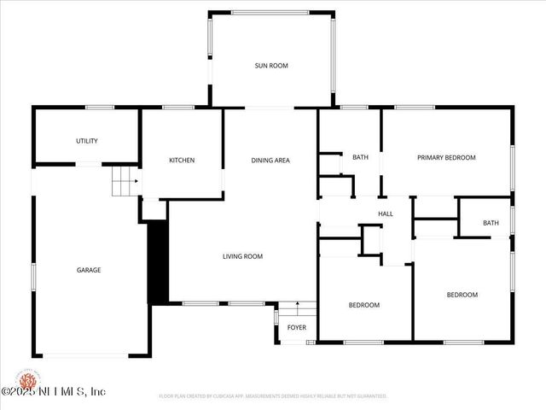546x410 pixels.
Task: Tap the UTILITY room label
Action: click(86, 141)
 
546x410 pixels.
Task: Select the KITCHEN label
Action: click(182, 160)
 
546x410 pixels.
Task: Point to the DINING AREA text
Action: click(270, 160)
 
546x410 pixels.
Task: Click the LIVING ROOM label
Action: click(242, 256)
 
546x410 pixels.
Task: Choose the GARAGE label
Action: click(89, 270)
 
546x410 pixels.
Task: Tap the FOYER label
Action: click(296, 327)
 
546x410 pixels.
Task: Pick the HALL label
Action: click(386, 214)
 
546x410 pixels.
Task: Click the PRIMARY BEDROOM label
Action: click(445, 157)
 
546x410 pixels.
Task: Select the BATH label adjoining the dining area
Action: click(360, 157)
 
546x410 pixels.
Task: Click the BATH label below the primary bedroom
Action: click(490, 223)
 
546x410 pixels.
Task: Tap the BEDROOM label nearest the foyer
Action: click(363, 305)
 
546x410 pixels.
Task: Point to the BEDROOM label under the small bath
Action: click(462, 295)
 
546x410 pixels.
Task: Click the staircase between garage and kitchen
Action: click(125, 181)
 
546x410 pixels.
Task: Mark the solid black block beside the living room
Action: click(158, 261)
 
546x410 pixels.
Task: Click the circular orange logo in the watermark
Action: click(28, 379)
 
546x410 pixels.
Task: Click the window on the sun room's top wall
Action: click(272, 13)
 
